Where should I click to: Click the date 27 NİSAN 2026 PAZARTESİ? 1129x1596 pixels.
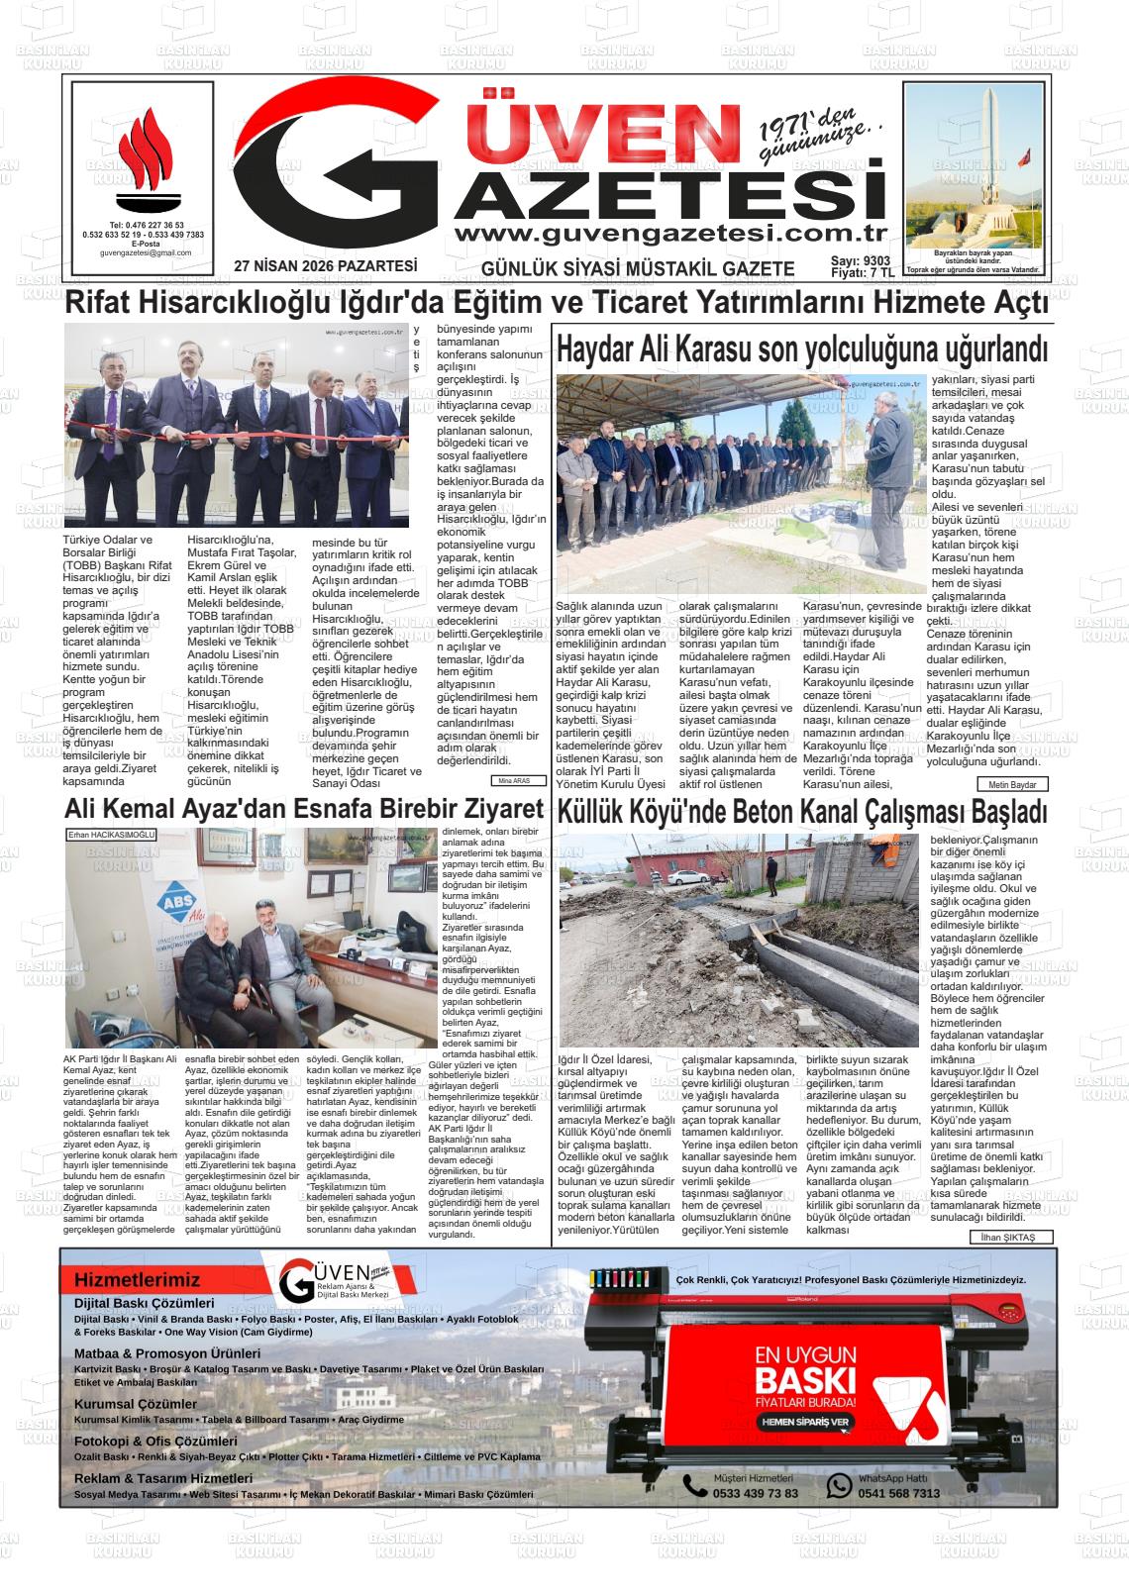pos(326,266)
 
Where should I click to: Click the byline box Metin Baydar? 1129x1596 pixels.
pos(1011,784)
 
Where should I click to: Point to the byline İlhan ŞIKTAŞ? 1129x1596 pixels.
pos(1010,1238)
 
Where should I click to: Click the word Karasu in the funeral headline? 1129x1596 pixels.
pos(717,349)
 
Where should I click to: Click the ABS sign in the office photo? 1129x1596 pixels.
pos(178,903)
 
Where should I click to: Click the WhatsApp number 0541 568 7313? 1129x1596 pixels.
pos(898,1493)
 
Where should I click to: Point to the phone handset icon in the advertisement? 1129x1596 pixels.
pos(694,1485)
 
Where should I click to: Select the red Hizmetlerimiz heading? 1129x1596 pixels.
pos(137,1280)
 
